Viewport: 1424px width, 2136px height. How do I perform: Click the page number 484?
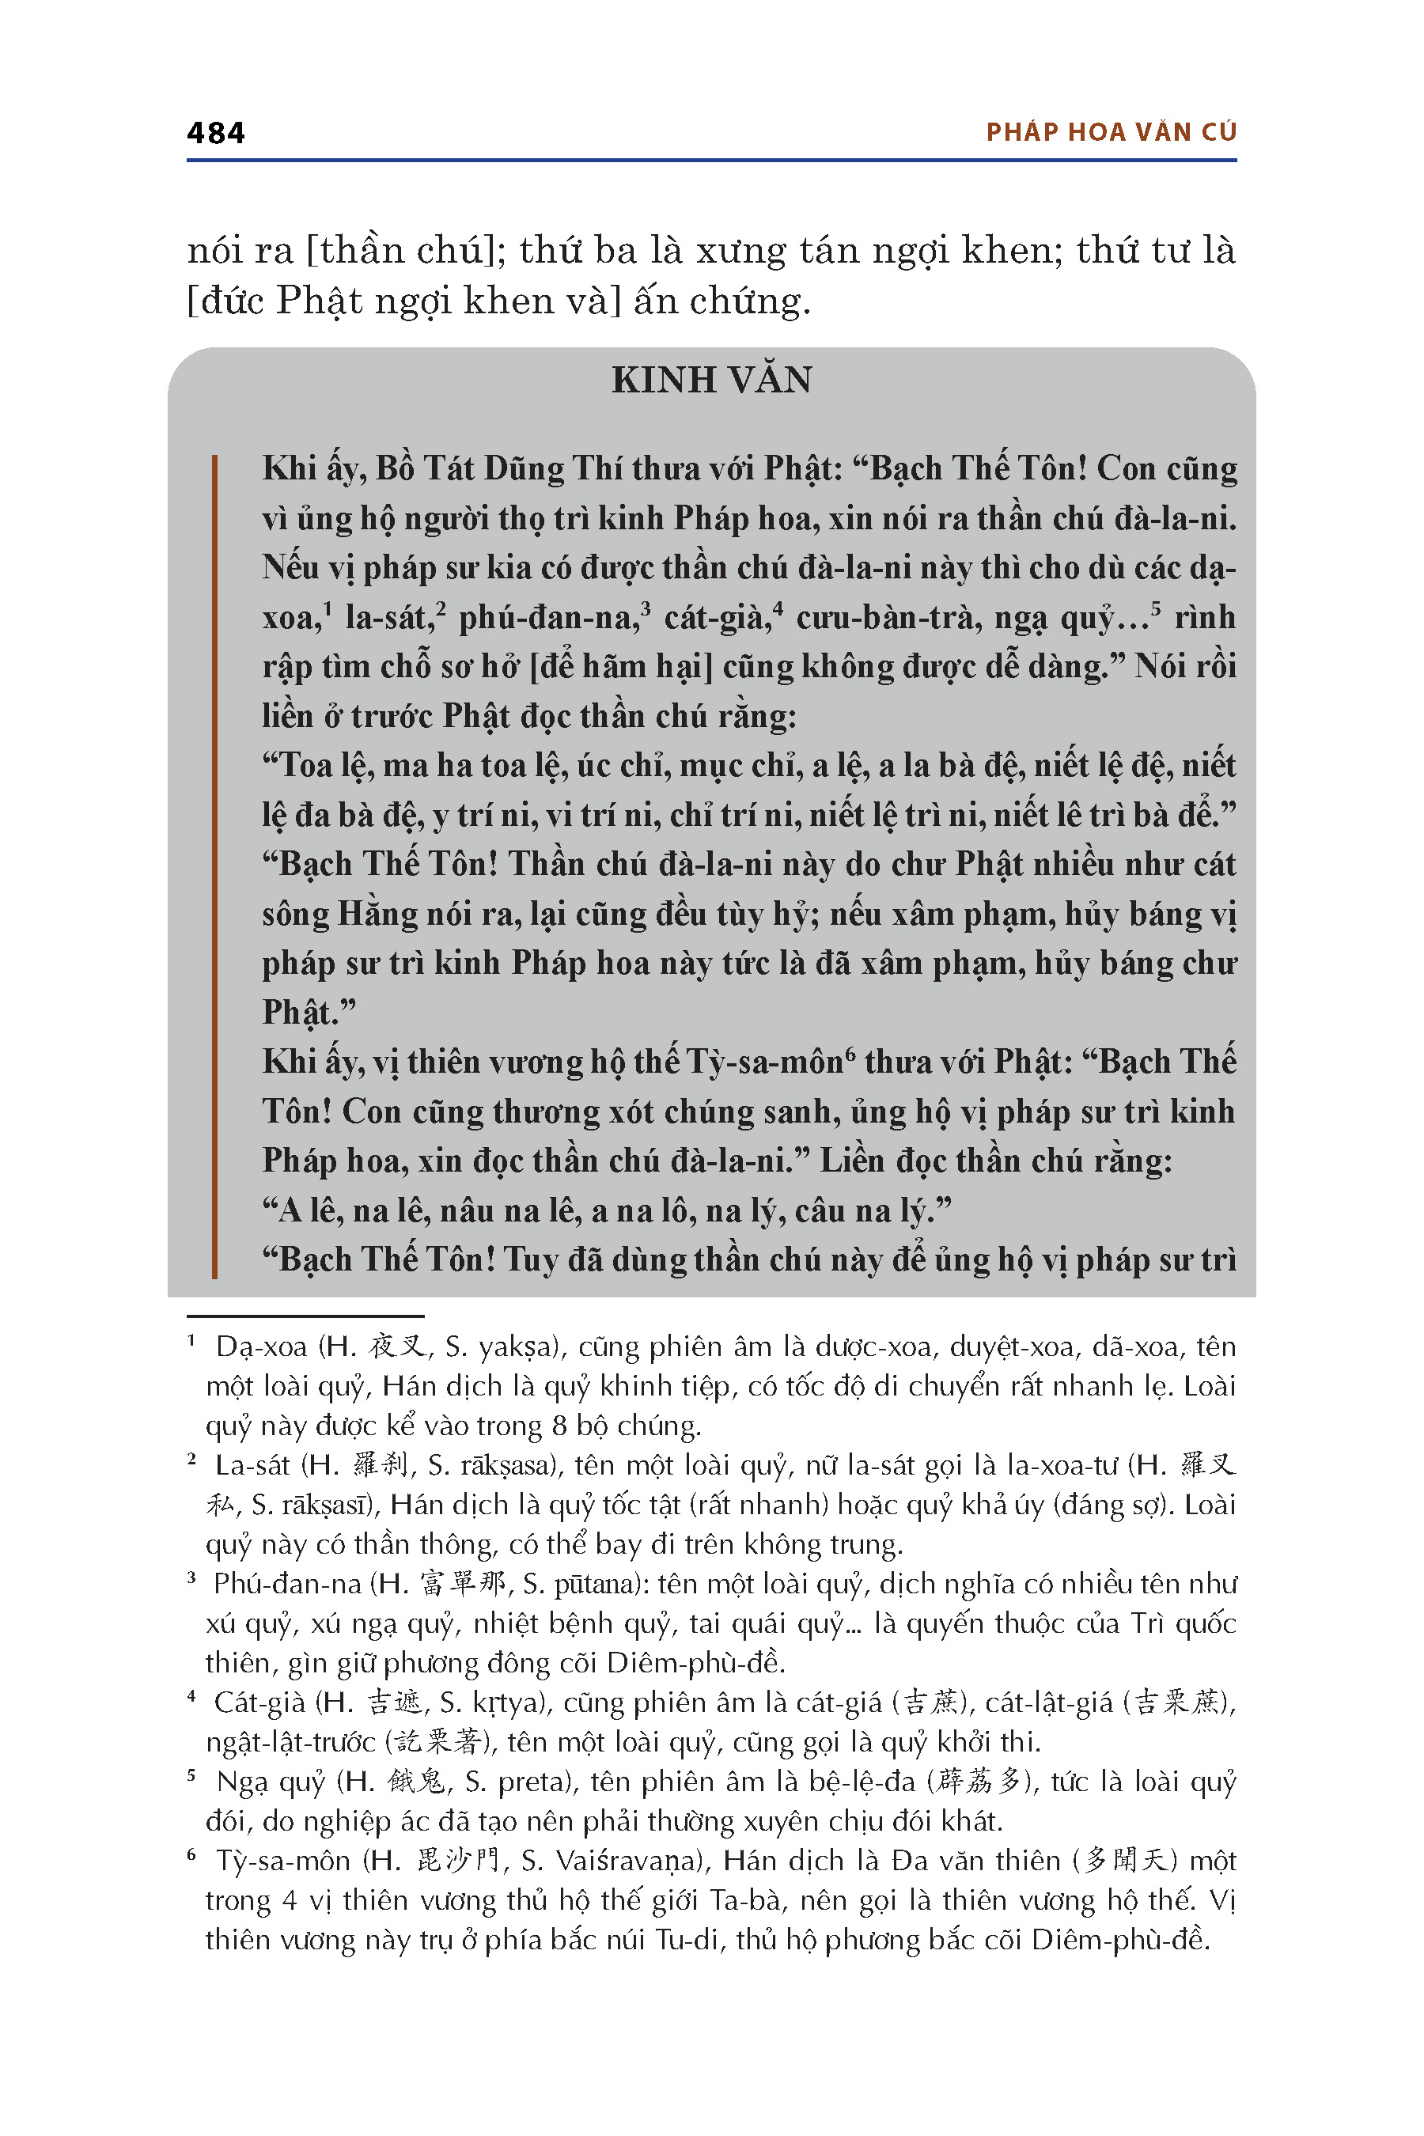tap(215, 134)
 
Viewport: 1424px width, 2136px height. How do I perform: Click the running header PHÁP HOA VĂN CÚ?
tap(1111, 133)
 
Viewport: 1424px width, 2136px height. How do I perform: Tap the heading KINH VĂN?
tap(711, 380)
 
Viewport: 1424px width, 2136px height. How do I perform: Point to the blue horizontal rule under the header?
tap(711, 161)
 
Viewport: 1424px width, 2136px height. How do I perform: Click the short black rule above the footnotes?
tap(305, 1316)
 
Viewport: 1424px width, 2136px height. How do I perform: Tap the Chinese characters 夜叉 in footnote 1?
tap(396, 1346)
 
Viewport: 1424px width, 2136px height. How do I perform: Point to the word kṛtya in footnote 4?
tap(506, 1702)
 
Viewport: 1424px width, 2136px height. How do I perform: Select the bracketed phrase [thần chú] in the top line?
tap(406, 251)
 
